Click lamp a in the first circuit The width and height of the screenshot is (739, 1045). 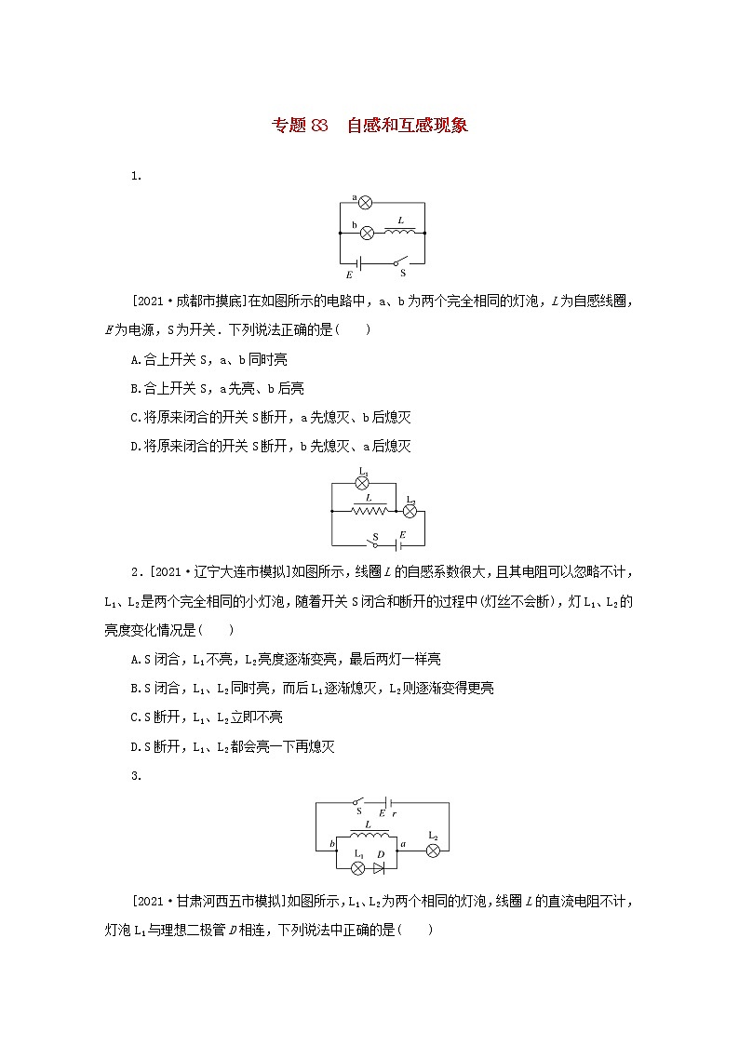click(x=366, y=202)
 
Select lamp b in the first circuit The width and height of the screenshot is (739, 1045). click(x=367, y=232)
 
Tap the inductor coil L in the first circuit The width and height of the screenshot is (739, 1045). click(x=400, y=231)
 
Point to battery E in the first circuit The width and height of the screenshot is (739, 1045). click(x=357, y=262)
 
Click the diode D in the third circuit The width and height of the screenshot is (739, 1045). click(x=379, y=867)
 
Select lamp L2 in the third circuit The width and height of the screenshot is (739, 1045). click(x=433, y=849)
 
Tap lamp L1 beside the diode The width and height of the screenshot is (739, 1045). click(x=356, y=867)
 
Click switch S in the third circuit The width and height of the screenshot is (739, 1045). click(x=358, y=801)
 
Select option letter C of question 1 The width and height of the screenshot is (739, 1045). click(x=137, y=417)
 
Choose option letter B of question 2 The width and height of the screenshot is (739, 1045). click(x=137, y=689)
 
